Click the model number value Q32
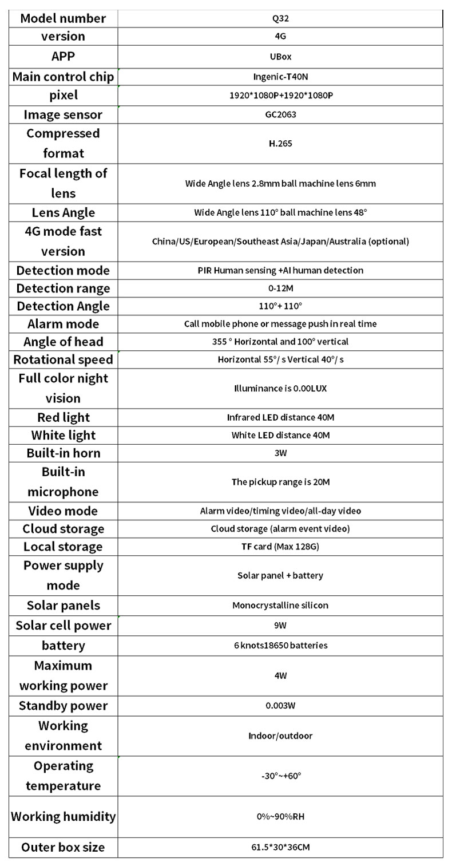pos(280,18)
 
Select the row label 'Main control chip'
pos(63,77)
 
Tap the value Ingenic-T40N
pos(280,77)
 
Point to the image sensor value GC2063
pos(280,114)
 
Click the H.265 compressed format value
pos(280,144)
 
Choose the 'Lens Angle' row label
pos(63,212)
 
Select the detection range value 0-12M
pos(280,288)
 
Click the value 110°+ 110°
pos(280,306)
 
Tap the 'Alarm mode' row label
pos(63,324)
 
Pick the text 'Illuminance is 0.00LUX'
pos(280,388)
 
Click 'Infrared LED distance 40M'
pos(280,417)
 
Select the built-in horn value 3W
pos(280,453)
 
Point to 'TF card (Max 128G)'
pos(280,547)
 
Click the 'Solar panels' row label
pos(63,606)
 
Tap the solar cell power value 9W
pos(280,626)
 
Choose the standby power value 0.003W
pos(280,706)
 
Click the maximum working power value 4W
pos(280,675)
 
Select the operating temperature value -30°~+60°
pos(280,776)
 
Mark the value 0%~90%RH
pos(280,817)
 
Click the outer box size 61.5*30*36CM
pos(280,847)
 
